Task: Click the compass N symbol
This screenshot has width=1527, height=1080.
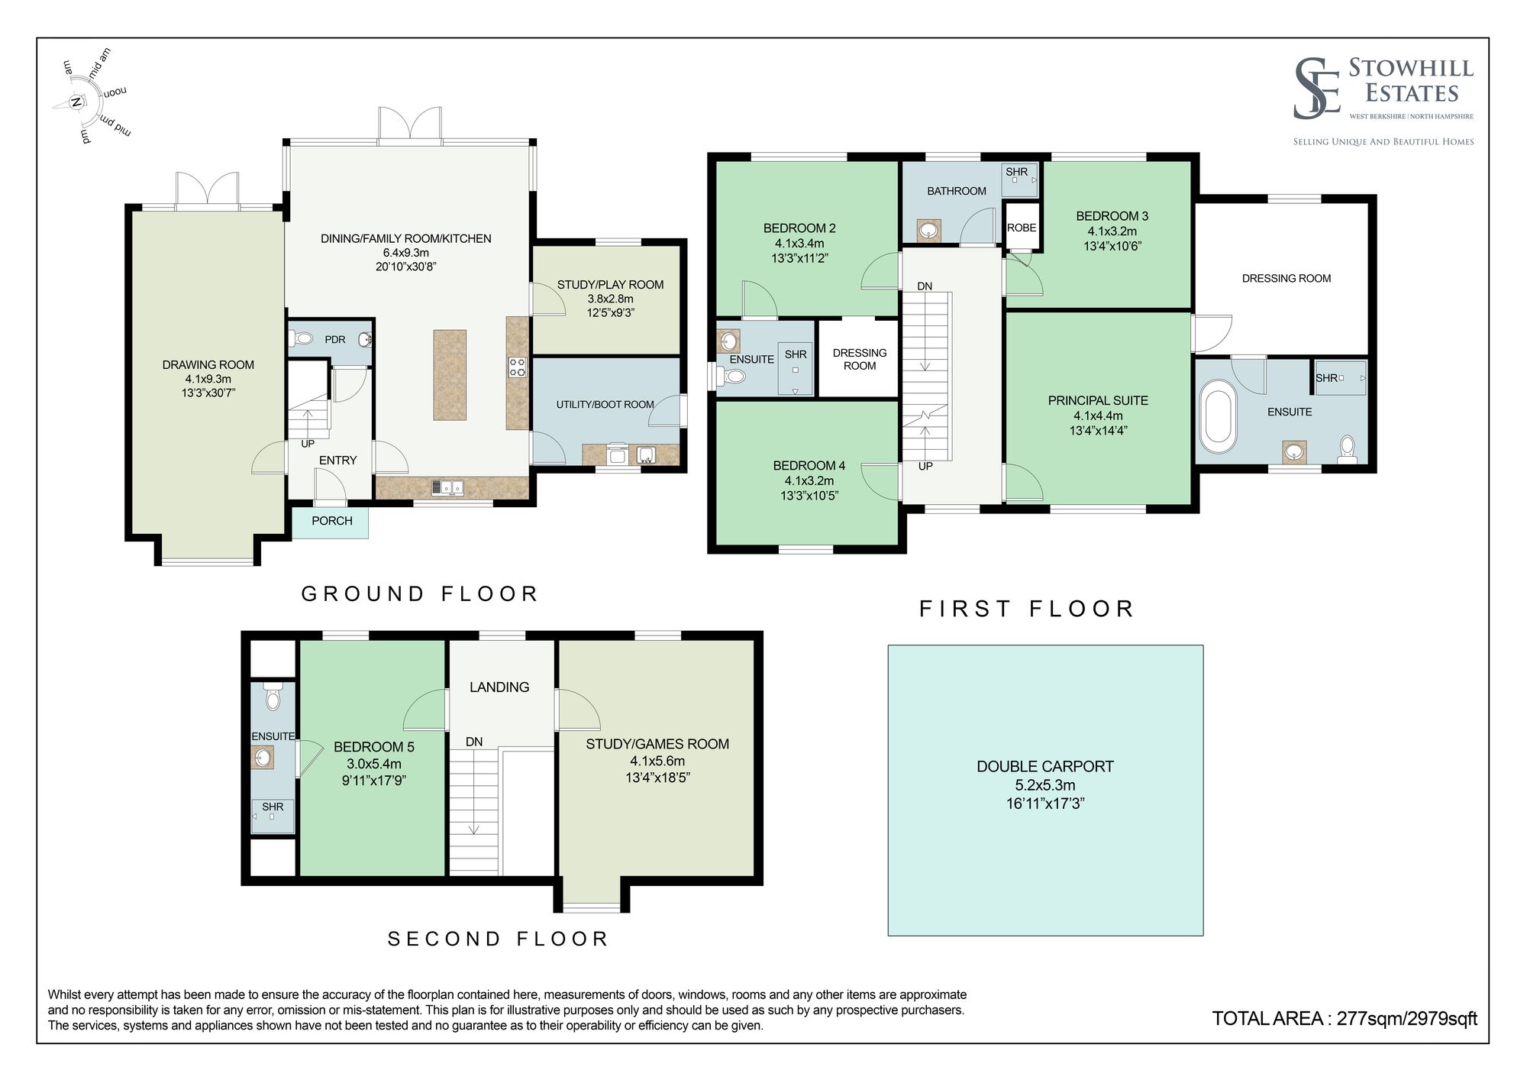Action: [x=76, y=102]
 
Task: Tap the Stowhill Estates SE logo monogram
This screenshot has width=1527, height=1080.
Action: [x=1317, y=89]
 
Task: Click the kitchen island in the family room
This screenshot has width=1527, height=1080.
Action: [x=450, y=374]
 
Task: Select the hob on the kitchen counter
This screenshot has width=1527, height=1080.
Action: [x=517, y=367]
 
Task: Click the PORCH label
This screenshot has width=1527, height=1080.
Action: [x=332, y=521]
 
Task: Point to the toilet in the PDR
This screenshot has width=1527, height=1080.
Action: [x=303, y=338]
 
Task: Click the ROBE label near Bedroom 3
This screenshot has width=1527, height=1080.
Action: [x=1022, y=228]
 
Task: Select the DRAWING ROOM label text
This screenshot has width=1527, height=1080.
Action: [x=208, y=365]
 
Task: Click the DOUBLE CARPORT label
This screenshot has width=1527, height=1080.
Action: [x=1044, y=766]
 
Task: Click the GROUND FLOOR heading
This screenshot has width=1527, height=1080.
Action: [x=420, y=593]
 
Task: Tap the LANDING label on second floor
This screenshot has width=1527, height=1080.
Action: [x=499, y=687]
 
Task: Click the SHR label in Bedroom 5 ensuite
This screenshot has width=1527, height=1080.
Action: [x=273, y=807]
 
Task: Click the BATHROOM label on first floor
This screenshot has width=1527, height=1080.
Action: [x=957, y=191]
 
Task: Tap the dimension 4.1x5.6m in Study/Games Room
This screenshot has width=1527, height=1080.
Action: [x=657, y=761]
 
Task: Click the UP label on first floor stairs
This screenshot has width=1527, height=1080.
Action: [x=925, y=466]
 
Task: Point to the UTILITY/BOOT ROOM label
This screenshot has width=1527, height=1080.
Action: [x=605, y=404]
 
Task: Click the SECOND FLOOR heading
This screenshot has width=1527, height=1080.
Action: [x=498, y=939]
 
